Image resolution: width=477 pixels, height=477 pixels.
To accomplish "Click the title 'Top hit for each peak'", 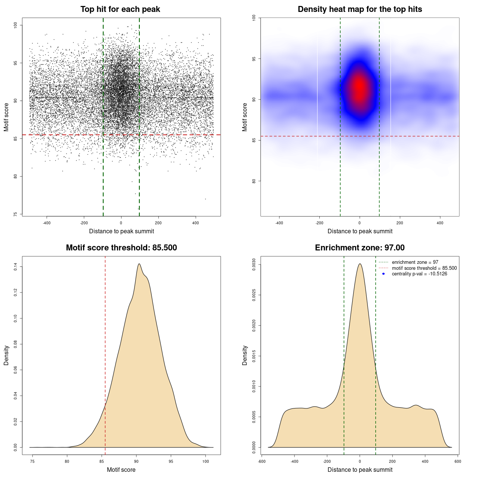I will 120,9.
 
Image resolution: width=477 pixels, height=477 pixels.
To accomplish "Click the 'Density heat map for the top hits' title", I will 360,9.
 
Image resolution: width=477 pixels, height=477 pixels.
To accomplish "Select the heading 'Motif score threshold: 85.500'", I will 121,248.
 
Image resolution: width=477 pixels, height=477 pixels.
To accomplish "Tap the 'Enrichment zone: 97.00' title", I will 360,248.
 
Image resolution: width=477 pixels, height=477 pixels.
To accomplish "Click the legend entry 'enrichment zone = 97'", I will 415,262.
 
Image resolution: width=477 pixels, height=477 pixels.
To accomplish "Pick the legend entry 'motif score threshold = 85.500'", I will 424,268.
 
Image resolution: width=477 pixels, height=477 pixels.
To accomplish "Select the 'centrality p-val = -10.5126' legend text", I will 419,274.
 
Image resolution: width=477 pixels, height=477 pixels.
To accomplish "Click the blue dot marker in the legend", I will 383,274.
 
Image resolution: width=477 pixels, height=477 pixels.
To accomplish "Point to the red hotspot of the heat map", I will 359,88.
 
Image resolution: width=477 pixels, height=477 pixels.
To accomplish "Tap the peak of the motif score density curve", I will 139,264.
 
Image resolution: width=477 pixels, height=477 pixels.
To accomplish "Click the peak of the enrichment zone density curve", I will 360,264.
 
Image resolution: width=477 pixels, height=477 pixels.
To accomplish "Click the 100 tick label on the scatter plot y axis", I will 16,25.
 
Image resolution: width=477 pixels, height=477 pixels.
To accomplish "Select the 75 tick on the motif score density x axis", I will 32,461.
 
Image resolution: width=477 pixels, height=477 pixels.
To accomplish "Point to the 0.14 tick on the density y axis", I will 16,267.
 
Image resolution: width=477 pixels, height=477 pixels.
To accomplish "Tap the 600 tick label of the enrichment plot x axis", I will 458,461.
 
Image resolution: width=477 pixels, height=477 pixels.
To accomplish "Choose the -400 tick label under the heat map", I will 279,223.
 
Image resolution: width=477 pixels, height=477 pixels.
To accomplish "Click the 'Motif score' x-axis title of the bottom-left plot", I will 121,470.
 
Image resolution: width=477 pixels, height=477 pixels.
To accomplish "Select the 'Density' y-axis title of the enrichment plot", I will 245,355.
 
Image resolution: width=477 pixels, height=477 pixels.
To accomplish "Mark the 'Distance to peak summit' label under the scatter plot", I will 121,231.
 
